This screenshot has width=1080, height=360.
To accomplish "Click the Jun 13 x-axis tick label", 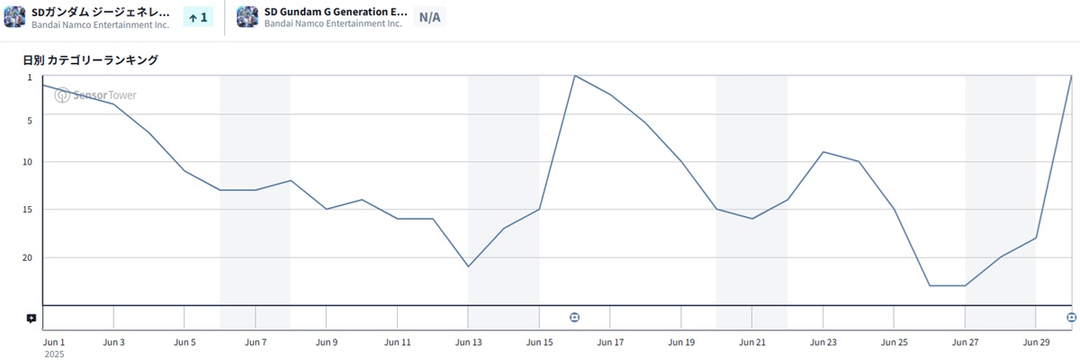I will click(x=469, y=343).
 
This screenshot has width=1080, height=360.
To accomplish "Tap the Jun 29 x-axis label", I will click(x=1036, y=343).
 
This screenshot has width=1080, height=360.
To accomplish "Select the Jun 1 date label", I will click(x=54, y=343).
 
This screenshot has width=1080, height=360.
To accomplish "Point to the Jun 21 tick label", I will click(x=752, y=343).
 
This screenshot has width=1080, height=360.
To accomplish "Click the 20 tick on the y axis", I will click(x=28, y=258).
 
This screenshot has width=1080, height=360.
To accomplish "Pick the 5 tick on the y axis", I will click(x=30, y=121).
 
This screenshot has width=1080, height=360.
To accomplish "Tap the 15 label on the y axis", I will click(x=28, y=211).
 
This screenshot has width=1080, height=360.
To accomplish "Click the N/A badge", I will click(x=429, y=17).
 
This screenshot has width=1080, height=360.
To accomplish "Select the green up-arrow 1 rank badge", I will click(x=197, y=17).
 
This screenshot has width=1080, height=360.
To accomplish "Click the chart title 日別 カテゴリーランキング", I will click(x=91, y=60).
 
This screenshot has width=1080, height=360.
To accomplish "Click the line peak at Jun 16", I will click(x=575, y=76).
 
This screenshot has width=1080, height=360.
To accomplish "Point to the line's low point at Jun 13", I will click(x=469, y=266).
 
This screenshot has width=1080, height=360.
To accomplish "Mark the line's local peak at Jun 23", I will click(x=823, y=152).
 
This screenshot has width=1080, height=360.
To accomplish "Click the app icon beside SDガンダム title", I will click(x=14, y=17).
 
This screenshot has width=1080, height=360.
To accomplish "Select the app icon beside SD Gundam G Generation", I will click(x=247, y=17).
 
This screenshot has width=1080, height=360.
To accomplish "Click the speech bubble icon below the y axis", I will click(x=31, y=318).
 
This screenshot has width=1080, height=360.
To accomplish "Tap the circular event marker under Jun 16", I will click(x=575, y=317).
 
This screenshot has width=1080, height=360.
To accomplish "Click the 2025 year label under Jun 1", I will click(x=54, y=355).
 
